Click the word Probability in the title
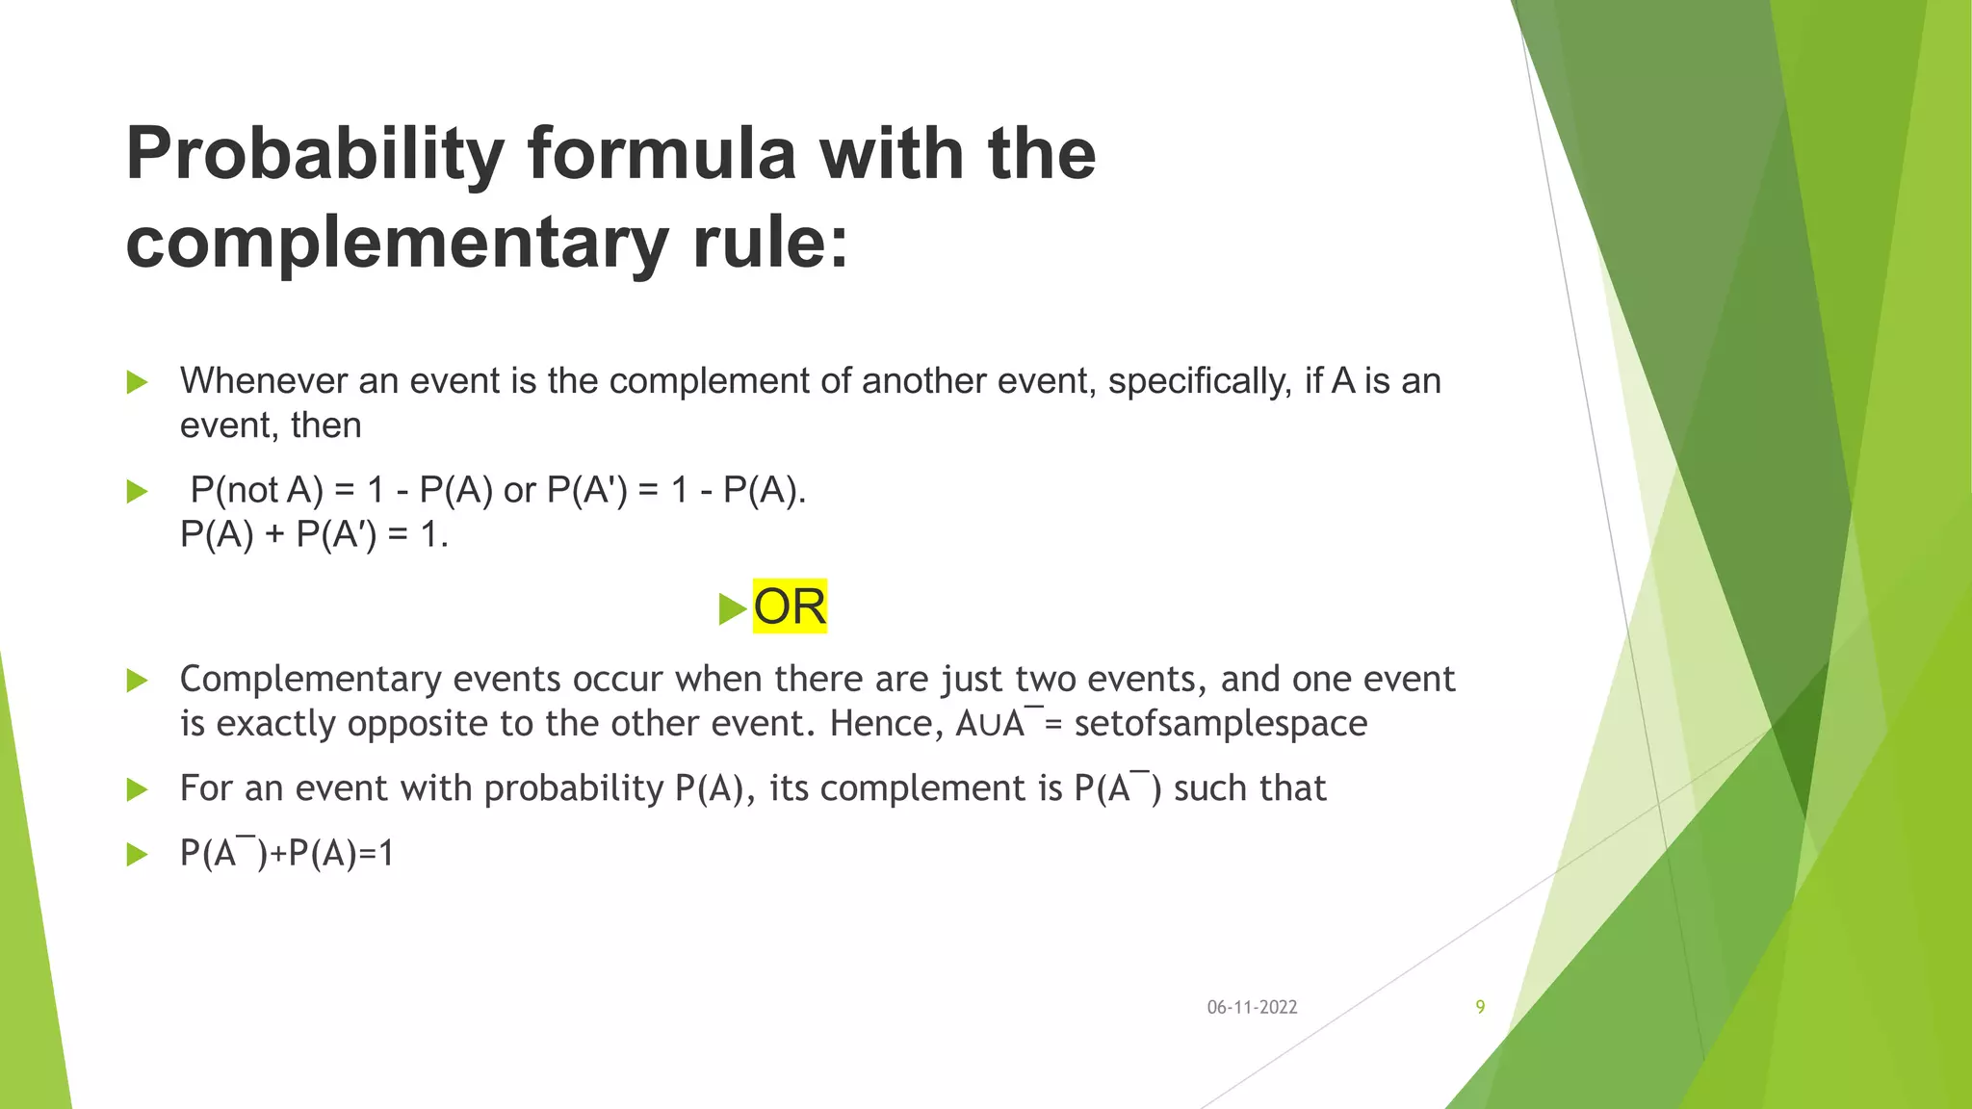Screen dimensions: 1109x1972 point(315,154)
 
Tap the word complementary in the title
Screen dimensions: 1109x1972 point(397,242)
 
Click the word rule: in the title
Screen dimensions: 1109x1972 point(770,242)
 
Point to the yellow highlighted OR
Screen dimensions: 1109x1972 point(790,606)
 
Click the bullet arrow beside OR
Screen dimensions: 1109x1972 point(732,608)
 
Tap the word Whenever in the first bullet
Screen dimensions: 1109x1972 point(263,381)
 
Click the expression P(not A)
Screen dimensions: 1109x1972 point(256,490)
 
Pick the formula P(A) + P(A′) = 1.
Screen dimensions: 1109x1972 point(314,533)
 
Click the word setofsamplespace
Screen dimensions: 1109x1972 point(1220,723)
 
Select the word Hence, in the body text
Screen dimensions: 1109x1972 point(887,723)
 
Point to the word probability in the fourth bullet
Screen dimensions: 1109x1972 point(574,788)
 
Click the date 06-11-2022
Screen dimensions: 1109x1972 point(1252,1007)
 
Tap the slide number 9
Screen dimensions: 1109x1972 point(1480,1007)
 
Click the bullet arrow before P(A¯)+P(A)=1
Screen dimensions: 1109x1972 point(137,854)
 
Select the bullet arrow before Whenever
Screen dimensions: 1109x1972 point(137,382)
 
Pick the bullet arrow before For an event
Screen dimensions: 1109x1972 point(137,790)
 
